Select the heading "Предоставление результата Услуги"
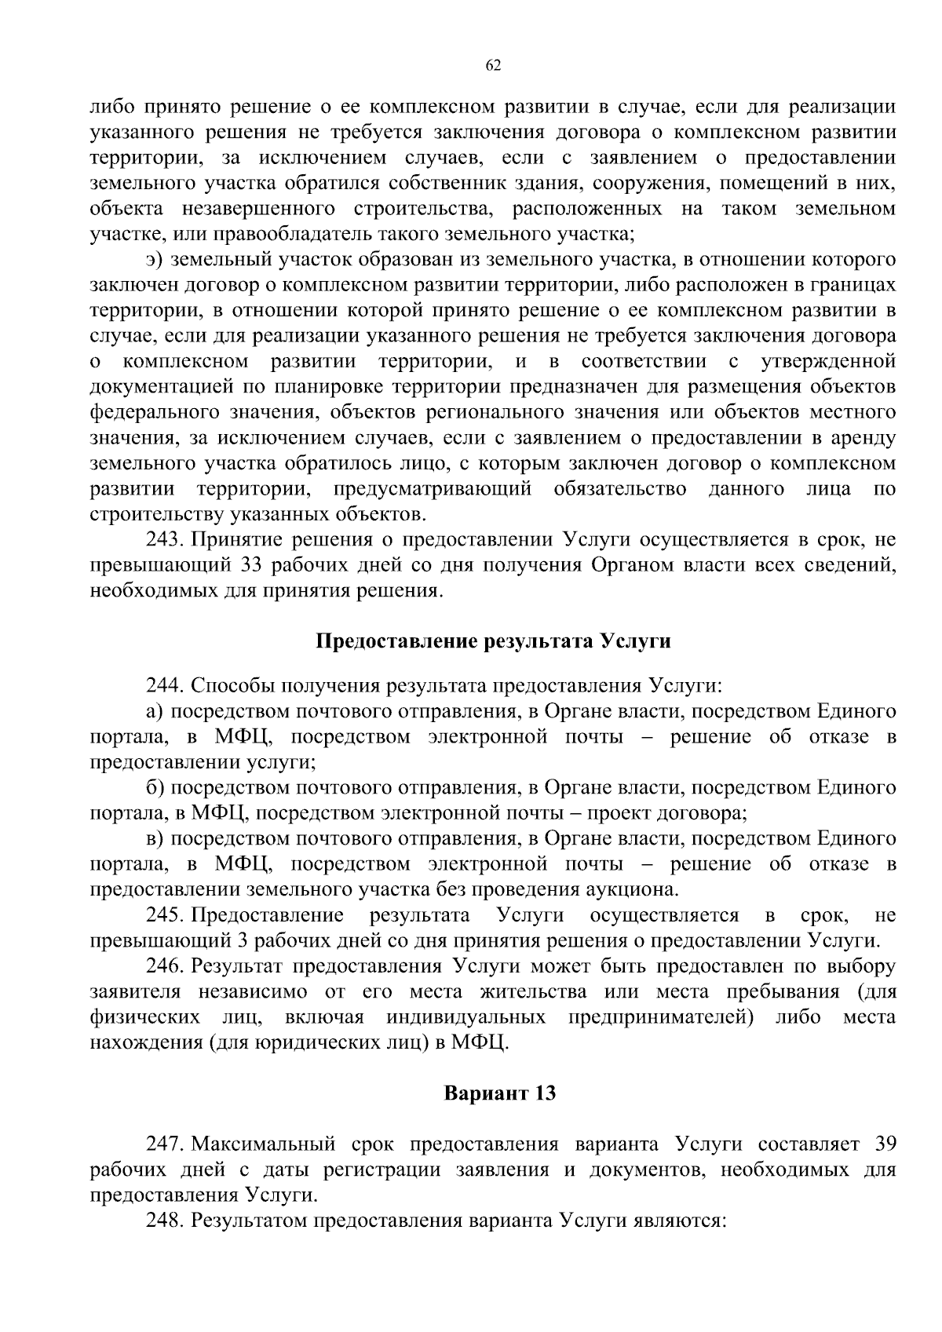coord(493,641)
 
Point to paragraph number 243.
coord(165,539)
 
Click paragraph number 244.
coord(165,685)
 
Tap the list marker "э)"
coord(155,259)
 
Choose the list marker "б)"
coord(155,787)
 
